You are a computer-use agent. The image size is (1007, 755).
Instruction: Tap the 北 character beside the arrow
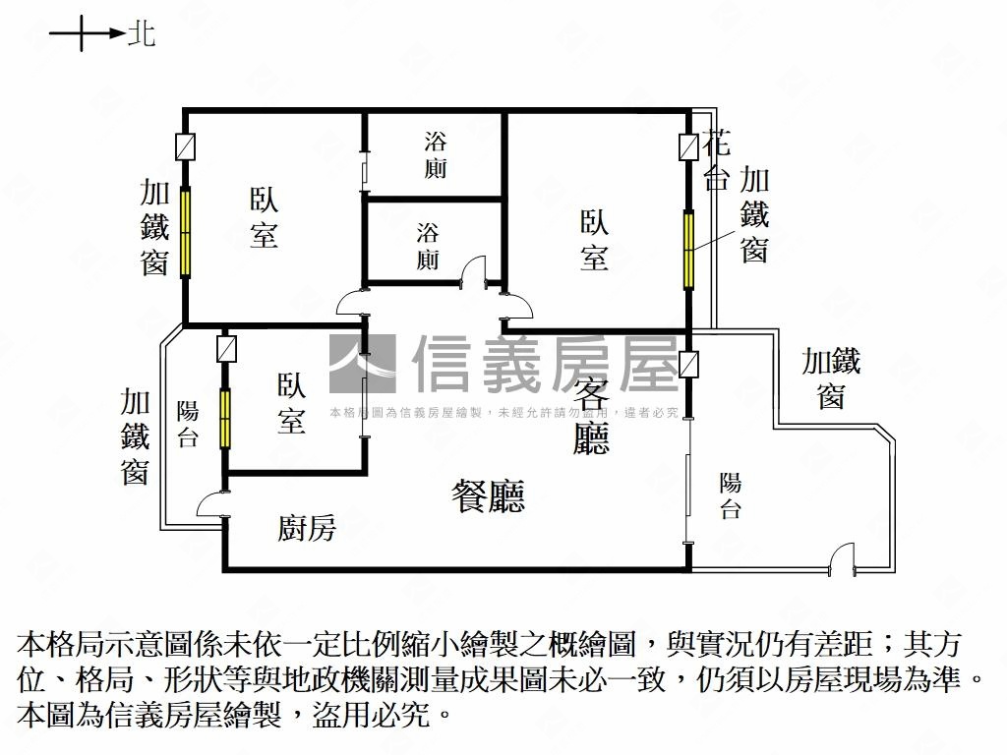coord(141,35)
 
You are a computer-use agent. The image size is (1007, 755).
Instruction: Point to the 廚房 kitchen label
coord(306,529)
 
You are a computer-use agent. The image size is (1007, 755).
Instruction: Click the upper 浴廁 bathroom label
coord(435,154)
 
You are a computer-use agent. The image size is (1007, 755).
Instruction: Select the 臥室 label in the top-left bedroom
coord(263,217)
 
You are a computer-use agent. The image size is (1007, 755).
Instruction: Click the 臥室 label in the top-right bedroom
coord(593,240)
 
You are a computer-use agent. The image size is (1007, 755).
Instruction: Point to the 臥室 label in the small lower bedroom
coord(290,402)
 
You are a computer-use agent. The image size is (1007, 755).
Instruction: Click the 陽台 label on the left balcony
coord(188,424)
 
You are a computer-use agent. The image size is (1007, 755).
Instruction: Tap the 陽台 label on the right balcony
coord(730,495)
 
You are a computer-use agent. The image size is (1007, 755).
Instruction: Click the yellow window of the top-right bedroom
coord(689,246)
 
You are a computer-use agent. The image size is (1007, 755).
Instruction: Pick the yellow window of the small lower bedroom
coord(225,419)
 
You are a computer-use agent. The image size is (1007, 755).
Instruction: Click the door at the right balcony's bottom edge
coord(842,559)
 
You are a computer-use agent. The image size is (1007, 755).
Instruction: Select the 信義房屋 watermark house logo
coord(362,364)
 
